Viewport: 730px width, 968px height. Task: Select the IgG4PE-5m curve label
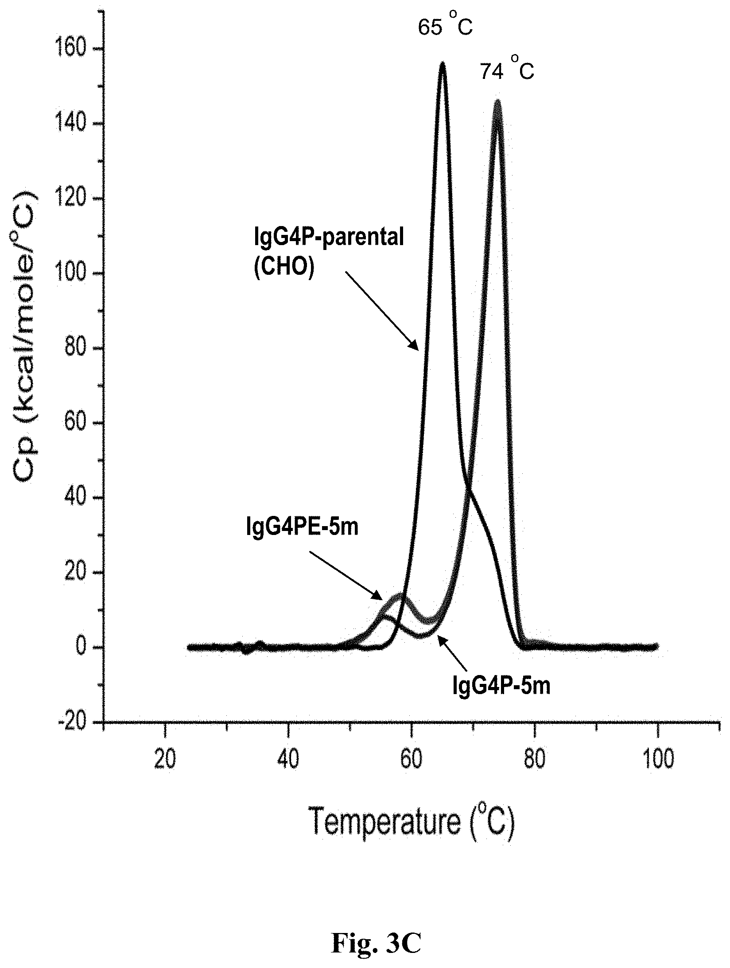tap(302, 527)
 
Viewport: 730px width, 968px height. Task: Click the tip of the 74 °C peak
tap(497, 101)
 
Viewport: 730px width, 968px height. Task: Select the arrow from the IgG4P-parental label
tap(381, 311)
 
